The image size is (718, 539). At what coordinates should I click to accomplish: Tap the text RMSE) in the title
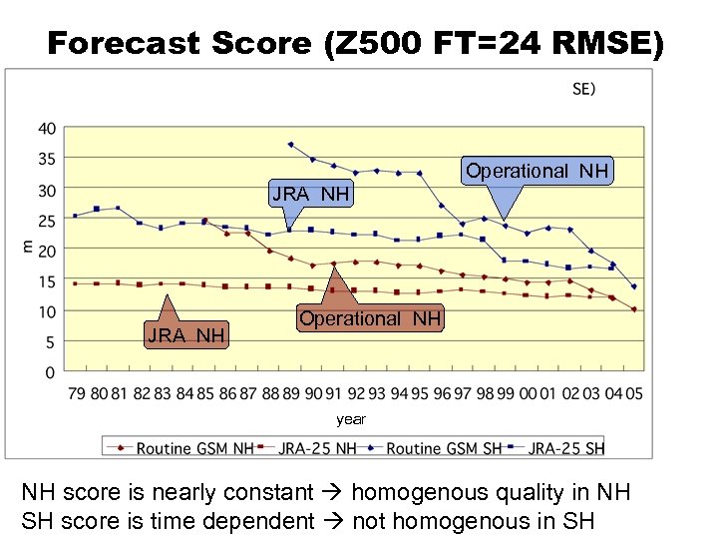point(601,43)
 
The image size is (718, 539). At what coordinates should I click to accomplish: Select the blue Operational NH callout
point(537,171)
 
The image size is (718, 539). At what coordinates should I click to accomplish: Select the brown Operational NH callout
point(370,318)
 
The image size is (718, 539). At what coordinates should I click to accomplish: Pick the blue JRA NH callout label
point(311,194)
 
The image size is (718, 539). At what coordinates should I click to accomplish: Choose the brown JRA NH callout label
point(185,334)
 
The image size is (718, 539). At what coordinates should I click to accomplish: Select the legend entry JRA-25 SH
point(565,448)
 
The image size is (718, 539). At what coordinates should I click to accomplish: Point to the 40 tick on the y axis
point(46,129)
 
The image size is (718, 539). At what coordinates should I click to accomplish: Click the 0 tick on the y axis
point(50,372)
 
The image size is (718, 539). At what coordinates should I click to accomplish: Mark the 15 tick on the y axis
point(46,281)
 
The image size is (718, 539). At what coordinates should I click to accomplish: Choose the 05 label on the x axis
point(633,394)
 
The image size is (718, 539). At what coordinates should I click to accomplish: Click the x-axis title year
point(351,419)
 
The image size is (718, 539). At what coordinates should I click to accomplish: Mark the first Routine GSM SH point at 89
point(290,145)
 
